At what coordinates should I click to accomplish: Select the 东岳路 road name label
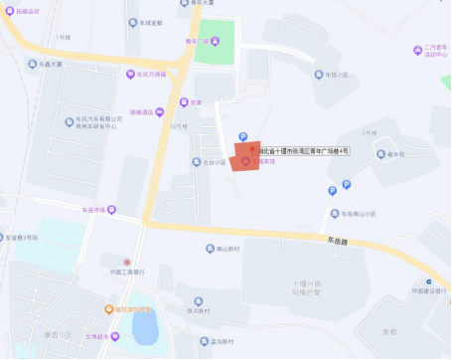coord(309,239)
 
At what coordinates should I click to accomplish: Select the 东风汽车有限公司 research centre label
coord(100,122)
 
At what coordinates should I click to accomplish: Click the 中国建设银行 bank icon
coord(428,281)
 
